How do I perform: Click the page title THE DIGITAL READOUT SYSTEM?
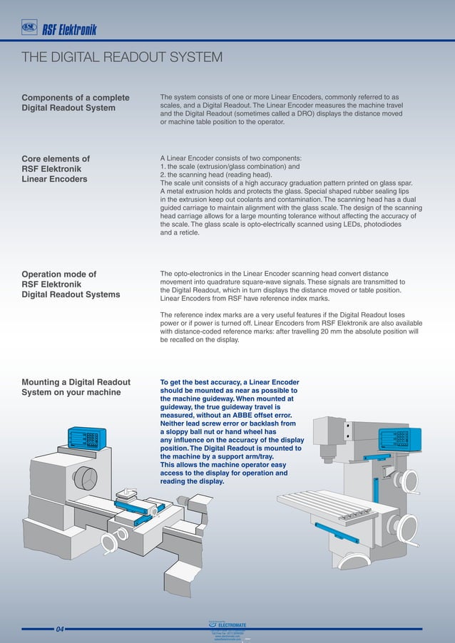[122, 58]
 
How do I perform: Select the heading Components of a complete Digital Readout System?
[76, 103]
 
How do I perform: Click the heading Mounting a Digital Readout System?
[76, 387]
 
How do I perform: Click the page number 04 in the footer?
[60, 629]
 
